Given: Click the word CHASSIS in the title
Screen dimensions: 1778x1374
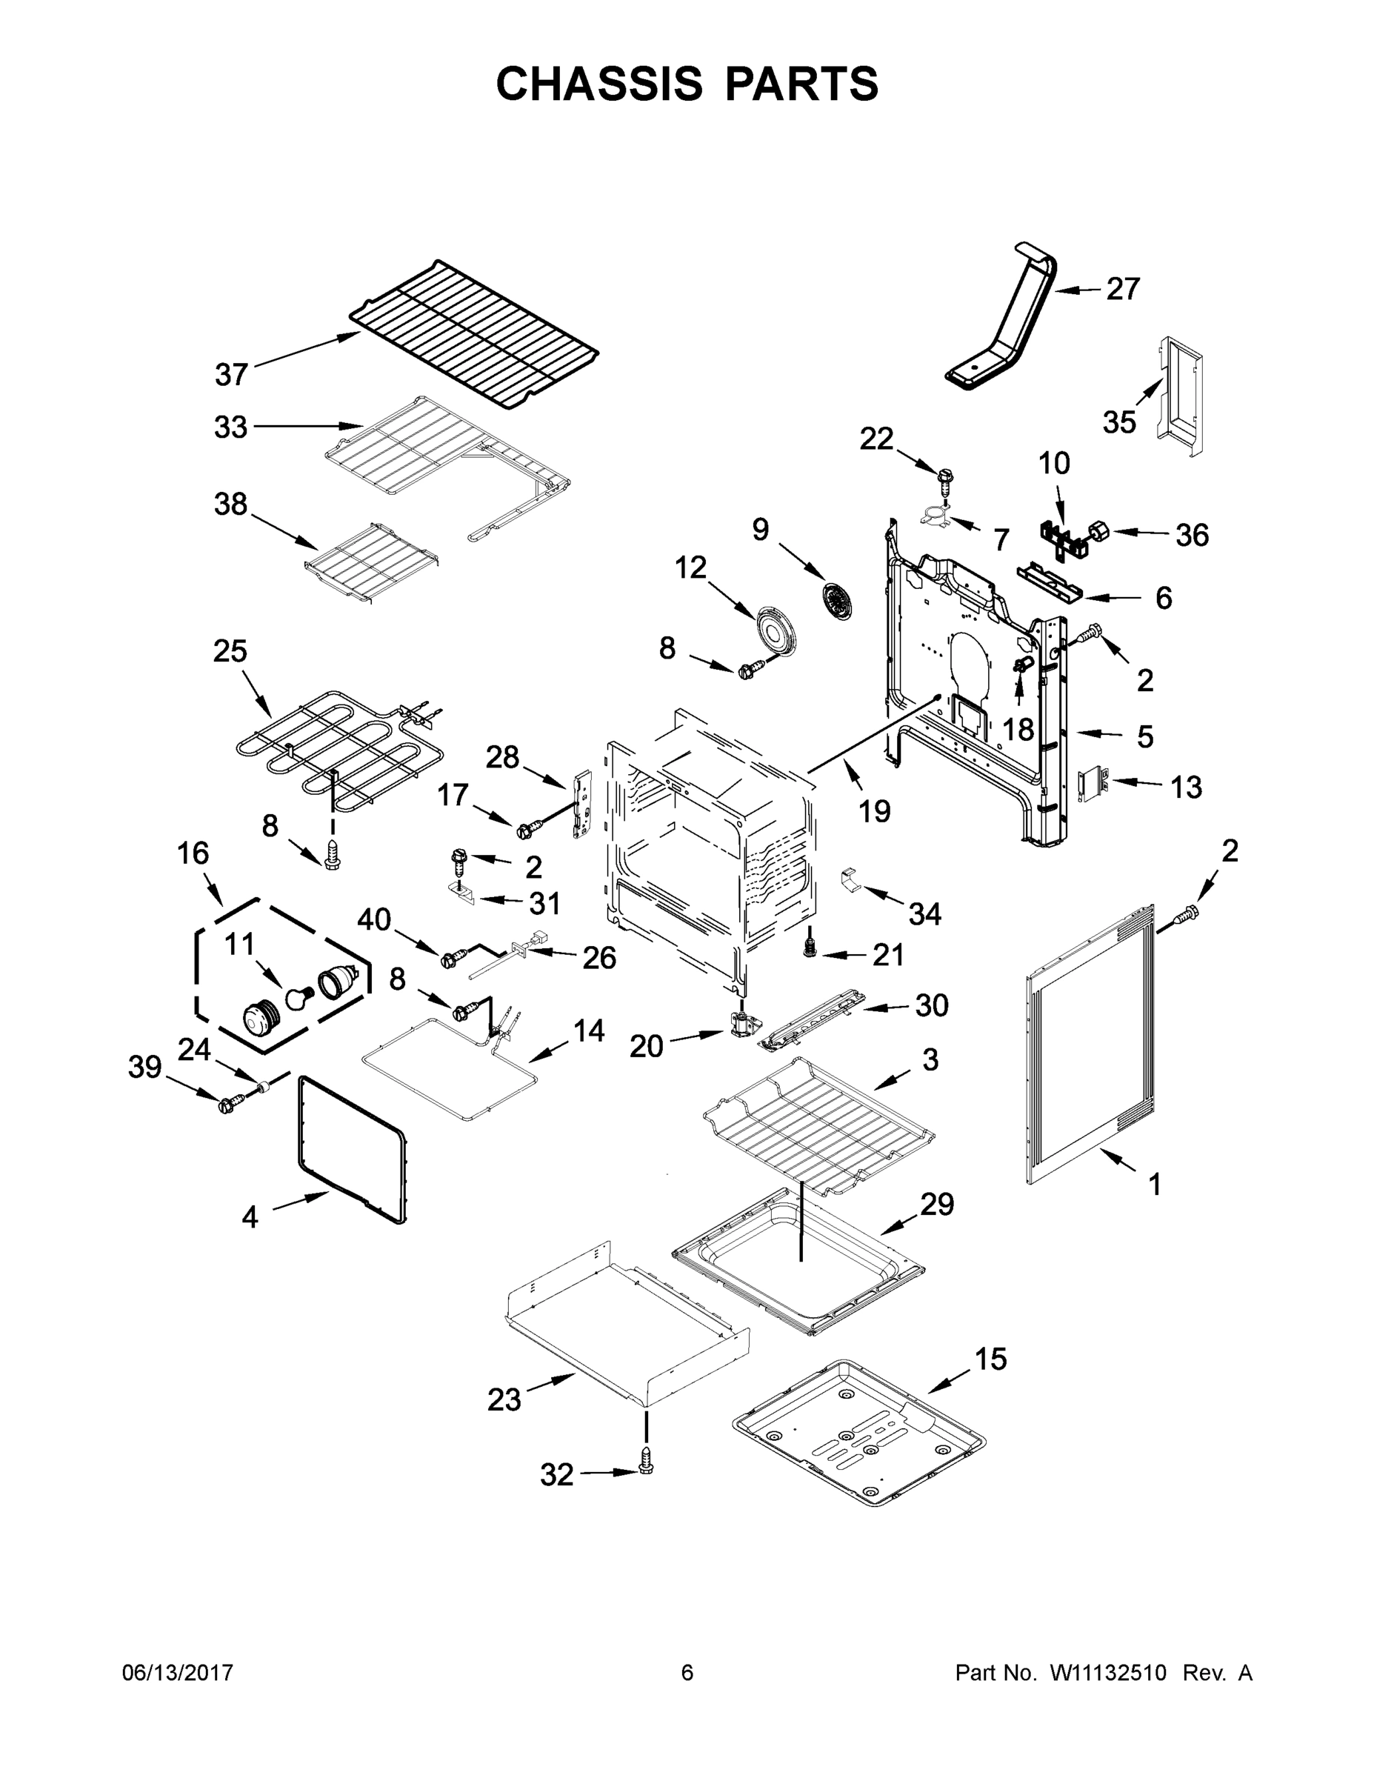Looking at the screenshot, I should (599, 83).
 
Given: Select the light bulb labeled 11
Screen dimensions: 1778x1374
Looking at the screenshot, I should (299, 994).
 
